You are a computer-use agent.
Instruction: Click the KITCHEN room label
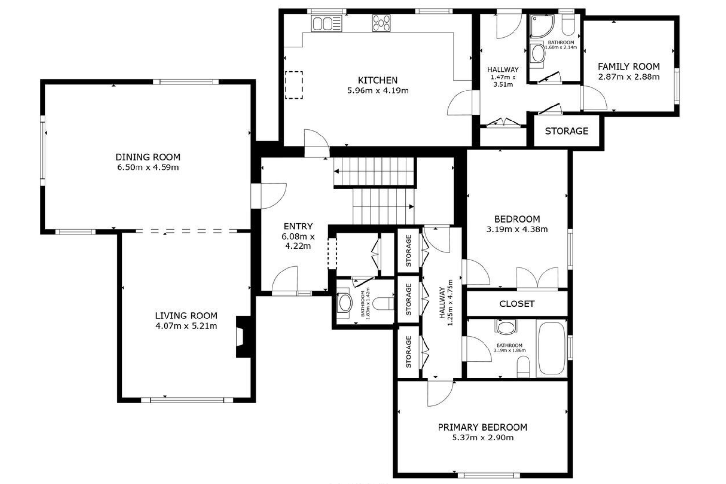(378, 80)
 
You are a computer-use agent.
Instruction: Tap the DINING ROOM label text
(148, 157)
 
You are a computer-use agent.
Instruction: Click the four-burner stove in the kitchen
(381, 23)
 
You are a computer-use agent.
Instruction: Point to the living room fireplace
(243, 337)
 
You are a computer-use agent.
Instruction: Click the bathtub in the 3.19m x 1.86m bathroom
(551, 348)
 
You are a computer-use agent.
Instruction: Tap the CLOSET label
(517, 304)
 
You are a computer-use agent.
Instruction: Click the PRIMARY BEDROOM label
(483, 427)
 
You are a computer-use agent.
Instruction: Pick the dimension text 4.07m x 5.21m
(186, 326)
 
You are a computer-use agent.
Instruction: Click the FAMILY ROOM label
(629, 66)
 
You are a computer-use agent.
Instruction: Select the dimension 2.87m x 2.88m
(629, 77)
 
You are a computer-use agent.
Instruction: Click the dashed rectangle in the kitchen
(294, 85)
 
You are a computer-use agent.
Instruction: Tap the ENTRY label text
(298, 226)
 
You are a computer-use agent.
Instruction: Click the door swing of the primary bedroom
(440, 393)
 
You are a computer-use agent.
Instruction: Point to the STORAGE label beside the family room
(567, 131)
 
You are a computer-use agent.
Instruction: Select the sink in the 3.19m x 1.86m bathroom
(506, 327)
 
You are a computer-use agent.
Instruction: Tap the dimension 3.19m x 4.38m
(517, 229)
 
